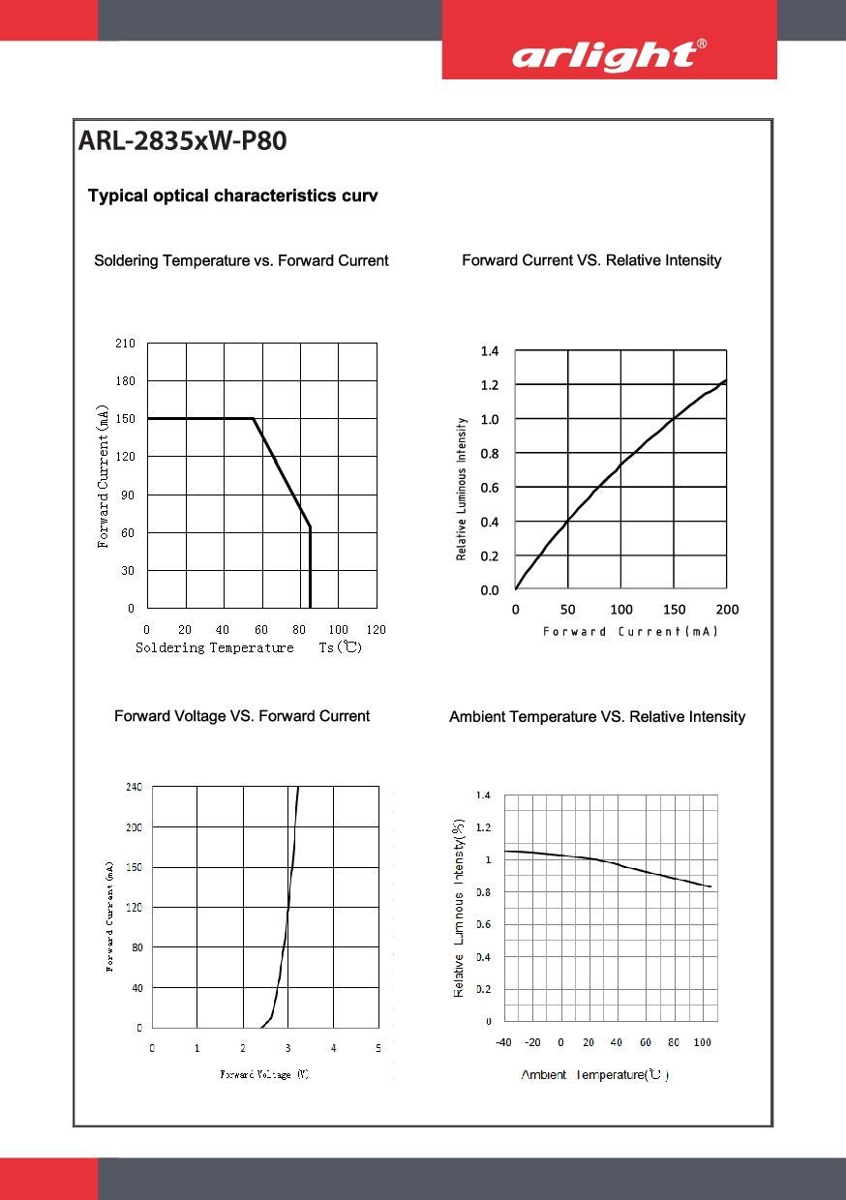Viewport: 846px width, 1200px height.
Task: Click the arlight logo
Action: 609,56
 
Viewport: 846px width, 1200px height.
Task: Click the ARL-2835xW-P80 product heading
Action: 182,141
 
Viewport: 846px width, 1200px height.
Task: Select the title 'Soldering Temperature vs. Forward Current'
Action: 241,260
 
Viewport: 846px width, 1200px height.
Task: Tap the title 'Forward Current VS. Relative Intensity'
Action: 591,260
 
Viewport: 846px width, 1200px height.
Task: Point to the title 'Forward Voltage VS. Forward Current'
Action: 242,716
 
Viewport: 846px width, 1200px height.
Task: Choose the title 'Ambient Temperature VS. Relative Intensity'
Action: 597,717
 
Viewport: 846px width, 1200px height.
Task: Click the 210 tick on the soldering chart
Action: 126,344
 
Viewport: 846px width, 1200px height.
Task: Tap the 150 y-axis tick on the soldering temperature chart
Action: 126,419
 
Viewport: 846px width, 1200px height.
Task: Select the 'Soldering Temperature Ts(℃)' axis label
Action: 249,647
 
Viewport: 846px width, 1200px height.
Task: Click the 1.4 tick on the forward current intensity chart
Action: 490,351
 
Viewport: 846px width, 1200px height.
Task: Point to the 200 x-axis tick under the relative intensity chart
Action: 727,610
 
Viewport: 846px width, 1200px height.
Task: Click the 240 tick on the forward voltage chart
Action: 134,788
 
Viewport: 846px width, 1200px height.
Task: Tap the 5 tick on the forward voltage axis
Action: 378,1048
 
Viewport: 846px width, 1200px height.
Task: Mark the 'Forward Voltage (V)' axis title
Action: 264,1074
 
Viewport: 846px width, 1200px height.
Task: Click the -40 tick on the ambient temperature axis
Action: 504,1042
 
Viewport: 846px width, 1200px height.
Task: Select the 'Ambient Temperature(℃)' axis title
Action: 595,1075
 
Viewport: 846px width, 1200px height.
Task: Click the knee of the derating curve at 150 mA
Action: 254,419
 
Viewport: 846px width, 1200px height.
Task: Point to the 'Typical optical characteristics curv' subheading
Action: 232,196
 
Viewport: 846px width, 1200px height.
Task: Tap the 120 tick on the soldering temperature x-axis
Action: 377,630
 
